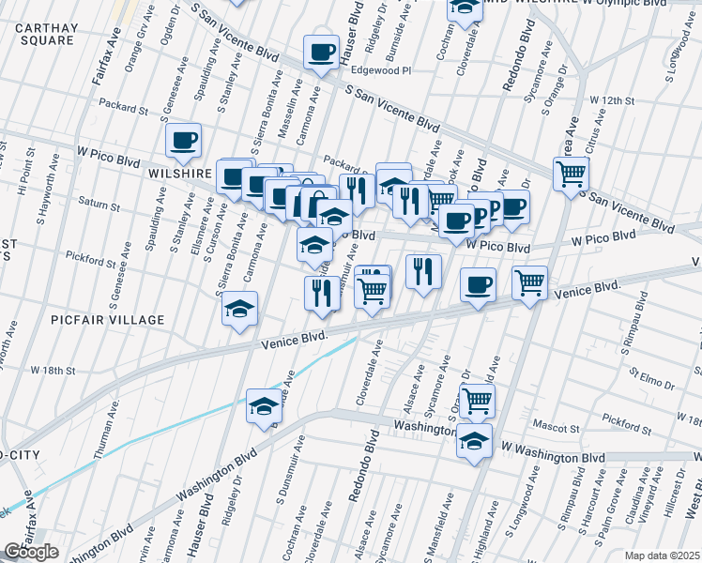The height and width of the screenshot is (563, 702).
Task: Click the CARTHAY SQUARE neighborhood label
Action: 46,34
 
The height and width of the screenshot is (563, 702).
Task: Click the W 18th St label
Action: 52,371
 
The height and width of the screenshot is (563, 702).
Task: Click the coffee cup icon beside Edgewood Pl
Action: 321,53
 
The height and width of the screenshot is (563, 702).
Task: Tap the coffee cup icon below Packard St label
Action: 183,141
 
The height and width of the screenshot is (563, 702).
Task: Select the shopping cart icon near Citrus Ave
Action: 571,175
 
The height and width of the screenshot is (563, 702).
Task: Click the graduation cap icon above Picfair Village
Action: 239,308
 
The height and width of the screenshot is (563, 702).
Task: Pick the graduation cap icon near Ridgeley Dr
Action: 264,406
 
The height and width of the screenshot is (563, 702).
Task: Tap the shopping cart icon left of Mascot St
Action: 477,401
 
